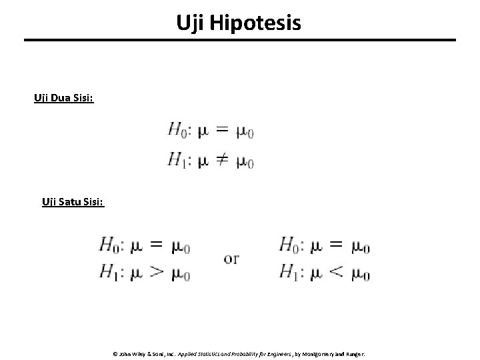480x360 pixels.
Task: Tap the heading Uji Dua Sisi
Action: pos(64,99)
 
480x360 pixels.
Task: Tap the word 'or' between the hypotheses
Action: pos(232,259)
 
